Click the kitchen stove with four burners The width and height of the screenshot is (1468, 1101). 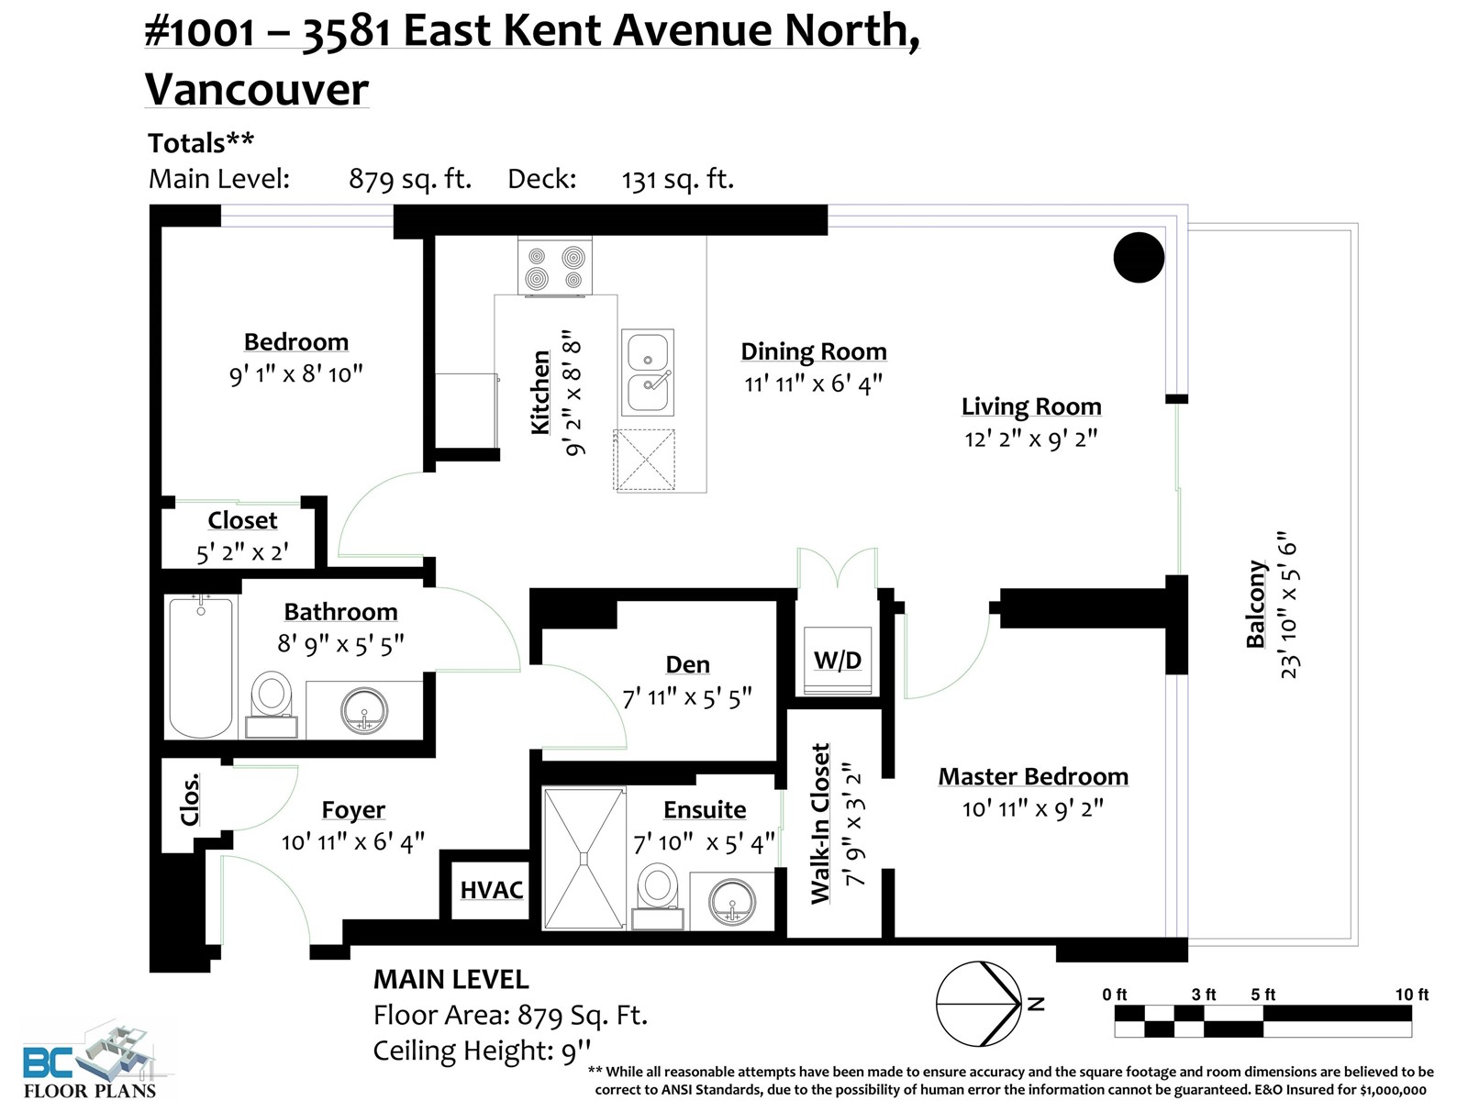(554, 266)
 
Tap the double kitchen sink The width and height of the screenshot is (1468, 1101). (648, 373)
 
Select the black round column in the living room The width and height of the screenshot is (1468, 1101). (1139, 258)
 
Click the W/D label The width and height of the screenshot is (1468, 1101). (838, 661)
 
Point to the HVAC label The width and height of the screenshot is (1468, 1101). (492, 890)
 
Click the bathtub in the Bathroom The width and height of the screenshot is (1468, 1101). (201, 667)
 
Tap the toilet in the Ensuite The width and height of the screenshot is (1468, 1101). (658, 896)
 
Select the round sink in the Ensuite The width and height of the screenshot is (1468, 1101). (732, 903)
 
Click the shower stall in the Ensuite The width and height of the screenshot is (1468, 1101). (584, 859)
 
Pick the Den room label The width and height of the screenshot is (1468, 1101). (687, 664)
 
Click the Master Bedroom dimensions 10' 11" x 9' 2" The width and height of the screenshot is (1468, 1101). (1032, 809)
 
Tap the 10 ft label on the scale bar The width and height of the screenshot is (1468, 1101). (1412, 995)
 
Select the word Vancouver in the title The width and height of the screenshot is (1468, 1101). (257, 90)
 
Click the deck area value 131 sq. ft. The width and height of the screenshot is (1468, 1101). (677, 179)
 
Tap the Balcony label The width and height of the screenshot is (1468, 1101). (1256, 604)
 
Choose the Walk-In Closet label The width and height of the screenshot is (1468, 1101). (820, 824)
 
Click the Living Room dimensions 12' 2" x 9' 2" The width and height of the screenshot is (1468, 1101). (1030, 439)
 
